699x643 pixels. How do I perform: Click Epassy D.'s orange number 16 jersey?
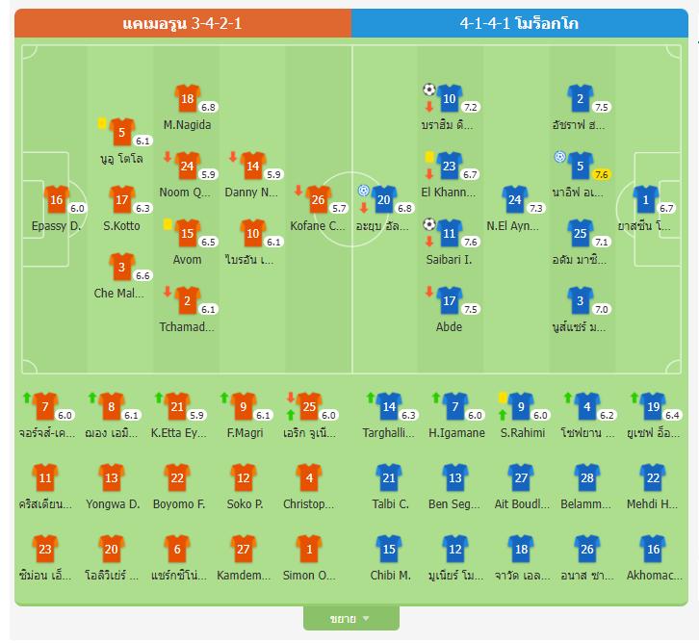pyautogui.click(x=56, y=200)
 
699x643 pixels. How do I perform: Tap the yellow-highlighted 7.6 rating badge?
pyautogui.click(x=602, y=174)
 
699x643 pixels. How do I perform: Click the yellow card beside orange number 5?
pyautogui.click(x=101, y=123)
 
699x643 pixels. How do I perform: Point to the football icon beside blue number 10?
pyautogui.click(x=429, y=90)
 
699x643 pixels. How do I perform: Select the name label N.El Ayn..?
pyautogui.click(x=514, y=226)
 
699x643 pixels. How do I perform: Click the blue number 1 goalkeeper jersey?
pyautogui.click(x=646, y=200)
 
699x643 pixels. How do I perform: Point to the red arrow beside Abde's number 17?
pyautogui.click(x=428, y=292)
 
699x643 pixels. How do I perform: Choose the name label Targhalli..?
pyautogui.click(x=389, y=433)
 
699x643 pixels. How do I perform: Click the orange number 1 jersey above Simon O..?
pyautogui.click(x=308, y=549)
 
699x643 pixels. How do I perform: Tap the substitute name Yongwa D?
pyautogui.click(x=113, y=503)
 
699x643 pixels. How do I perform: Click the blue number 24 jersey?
pyautogui.click(x=515, y=199)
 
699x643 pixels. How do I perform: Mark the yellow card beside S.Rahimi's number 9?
pyautogui.click(x=503, y=396)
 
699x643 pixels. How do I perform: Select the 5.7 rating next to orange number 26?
pyautogui.click(x=338, y=208)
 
